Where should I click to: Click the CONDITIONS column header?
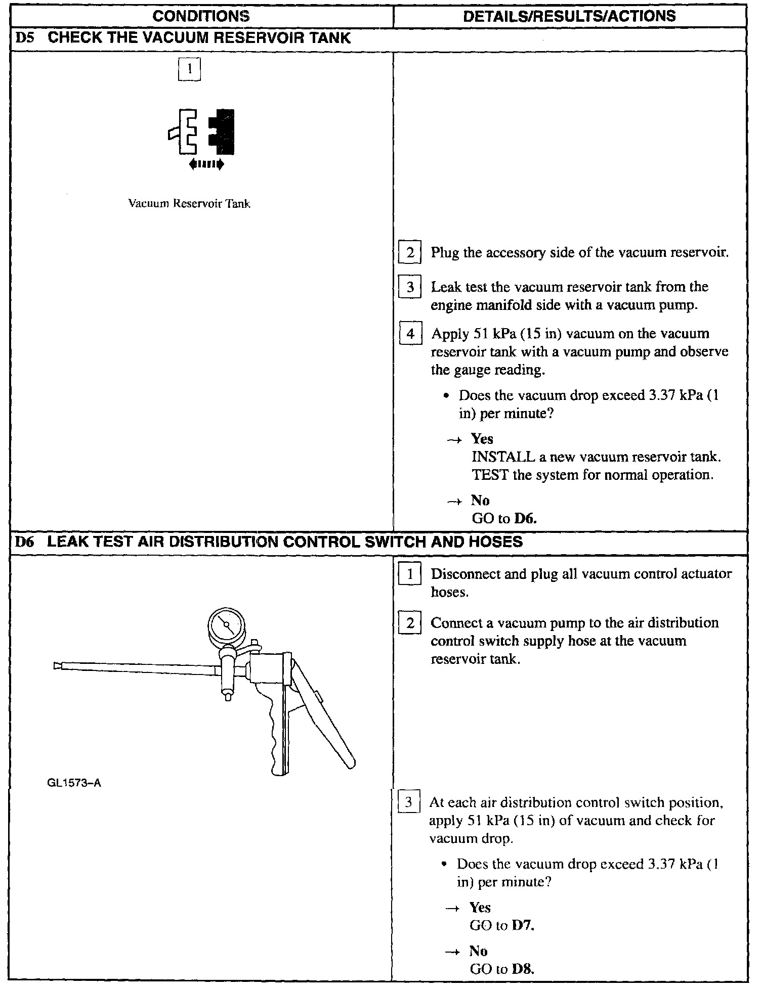201,16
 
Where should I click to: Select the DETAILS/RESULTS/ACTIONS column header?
569,16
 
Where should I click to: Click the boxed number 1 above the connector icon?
189,70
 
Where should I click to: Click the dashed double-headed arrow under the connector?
206,164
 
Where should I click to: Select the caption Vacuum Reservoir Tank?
189,204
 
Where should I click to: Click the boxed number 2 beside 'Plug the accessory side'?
410,252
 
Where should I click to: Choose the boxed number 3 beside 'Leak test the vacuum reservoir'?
410,287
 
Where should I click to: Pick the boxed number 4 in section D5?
410,334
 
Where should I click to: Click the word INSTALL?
503,457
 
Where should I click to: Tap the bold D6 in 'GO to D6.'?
525,518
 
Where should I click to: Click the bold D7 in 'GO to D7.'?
523,926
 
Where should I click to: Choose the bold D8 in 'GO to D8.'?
523,969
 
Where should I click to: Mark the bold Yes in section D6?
480,908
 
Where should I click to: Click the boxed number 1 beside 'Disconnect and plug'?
410,574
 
